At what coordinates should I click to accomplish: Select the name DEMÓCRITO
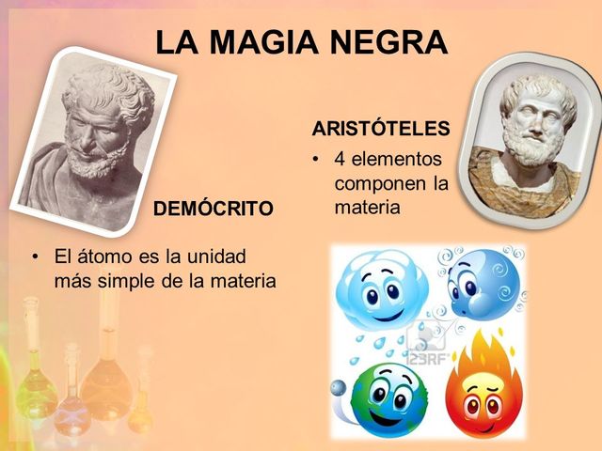[x=214, y=208]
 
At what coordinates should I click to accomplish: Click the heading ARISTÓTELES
[x=381, y=128]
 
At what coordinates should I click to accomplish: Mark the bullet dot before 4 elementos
[x=318, y=159]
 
